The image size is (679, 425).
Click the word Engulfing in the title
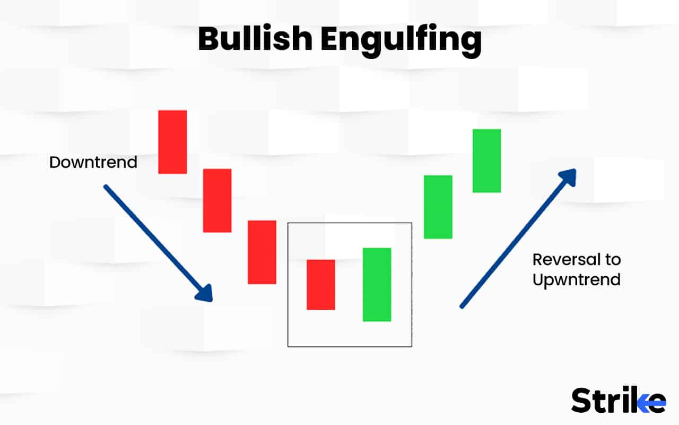401,40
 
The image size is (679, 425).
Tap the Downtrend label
93,162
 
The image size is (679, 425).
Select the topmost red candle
172,142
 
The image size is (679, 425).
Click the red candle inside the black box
321,284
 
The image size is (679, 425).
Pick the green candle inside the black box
377,284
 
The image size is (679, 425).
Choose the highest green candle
486,160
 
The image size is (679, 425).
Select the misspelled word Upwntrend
576,280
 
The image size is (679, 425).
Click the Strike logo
618,400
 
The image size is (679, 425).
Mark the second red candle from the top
217,200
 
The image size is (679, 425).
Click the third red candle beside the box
262,252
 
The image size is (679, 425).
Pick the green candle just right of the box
438,207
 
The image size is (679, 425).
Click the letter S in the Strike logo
582,400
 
